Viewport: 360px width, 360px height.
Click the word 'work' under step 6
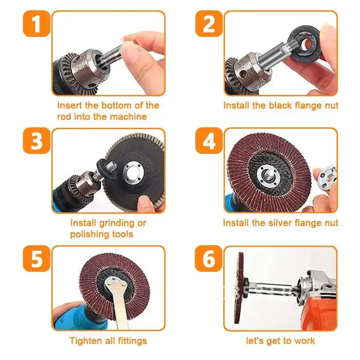coord(306,341)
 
